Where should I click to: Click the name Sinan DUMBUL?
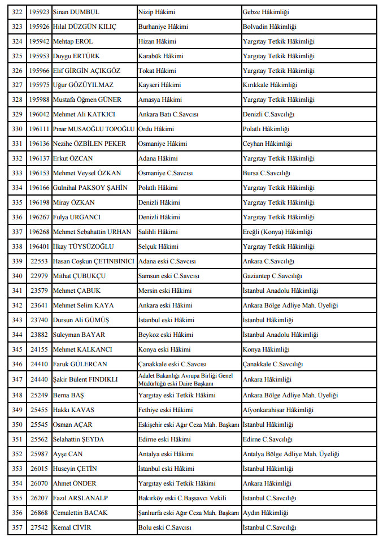[76, 12]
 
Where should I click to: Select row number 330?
[17, 129]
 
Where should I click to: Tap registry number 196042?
[39, 114]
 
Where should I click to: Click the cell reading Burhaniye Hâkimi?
[163, 27]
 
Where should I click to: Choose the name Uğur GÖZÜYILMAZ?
[83, 85]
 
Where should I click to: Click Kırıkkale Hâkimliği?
[269, 85]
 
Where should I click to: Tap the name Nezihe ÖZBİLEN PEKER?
[89, 144]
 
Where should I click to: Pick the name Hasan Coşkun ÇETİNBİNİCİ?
[93, 261]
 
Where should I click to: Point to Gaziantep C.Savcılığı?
[272, 276]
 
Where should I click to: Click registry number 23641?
[39, 305]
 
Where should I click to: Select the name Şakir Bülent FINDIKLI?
[85, 379]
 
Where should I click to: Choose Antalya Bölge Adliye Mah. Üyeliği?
[291, 454]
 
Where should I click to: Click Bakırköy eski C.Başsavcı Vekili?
[182, 498]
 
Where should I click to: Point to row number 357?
[17, 527]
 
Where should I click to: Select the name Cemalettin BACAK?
[80, 513]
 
